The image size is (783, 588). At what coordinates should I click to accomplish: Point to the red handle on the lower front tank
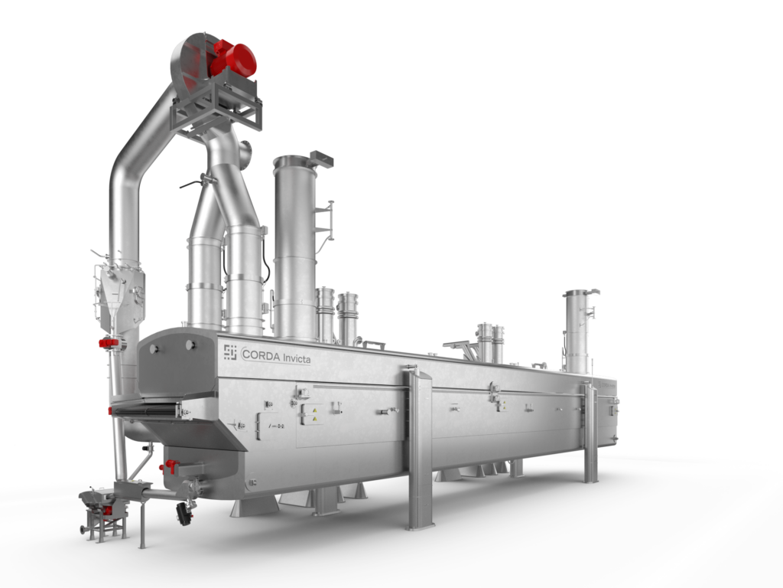pyautogui.click(x=171, y=465)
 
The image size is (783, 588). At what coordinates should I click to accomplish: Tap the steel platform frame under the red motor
pyautogui.click(x=218, y=107)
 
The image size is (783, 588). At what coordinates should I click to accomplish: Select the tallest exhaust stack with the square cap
pyautogui.click(x=295, y=245)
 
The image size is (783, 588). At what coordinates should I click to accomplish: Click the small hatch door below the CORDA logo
pyautogui.click(x=268, y=425)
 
